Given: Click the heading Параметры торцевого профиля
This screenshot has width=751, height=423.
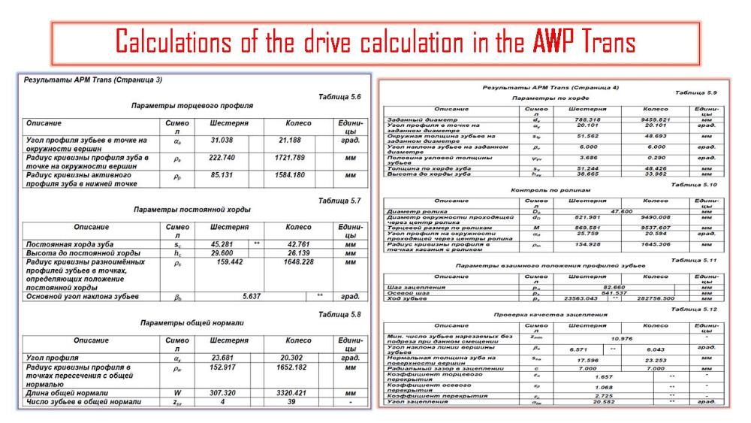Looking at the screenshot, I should point(192,106).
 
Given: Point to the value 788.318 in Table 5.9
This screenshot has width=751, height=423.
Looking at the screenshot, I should point(582,119).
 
